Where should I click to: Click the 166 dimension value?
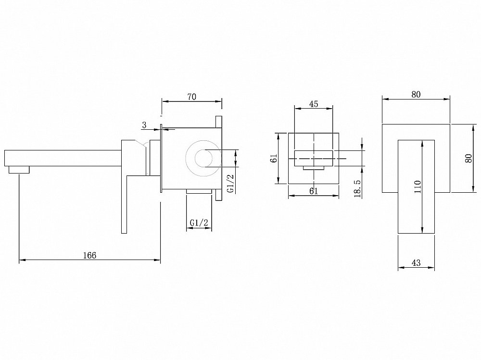89,255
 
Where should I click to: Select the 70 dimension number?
192,97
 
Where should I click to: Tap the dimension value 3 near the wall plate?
144,125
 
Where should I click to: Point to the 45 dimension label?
314,104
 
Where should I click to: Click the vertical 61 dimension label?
274,158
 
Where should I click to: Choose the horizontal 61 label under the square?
314,191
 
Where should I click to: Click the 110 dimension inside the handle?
417,186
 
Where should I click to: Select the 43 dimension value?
416,263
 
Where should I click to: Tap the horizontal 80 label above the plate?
416,95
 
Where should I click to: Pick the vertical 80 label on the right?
468,158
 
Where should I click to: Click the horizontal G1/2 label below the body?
199,223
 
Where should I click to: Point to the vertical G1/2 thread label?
230,183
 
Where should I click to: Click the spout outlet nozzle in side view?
19,170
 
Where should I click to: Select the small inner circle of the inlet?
204,158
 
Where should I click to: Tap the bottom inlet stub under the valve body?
199,191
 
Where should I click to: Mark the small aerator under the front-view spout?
314,168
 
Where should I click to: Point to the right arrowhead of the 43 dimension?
432,268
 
